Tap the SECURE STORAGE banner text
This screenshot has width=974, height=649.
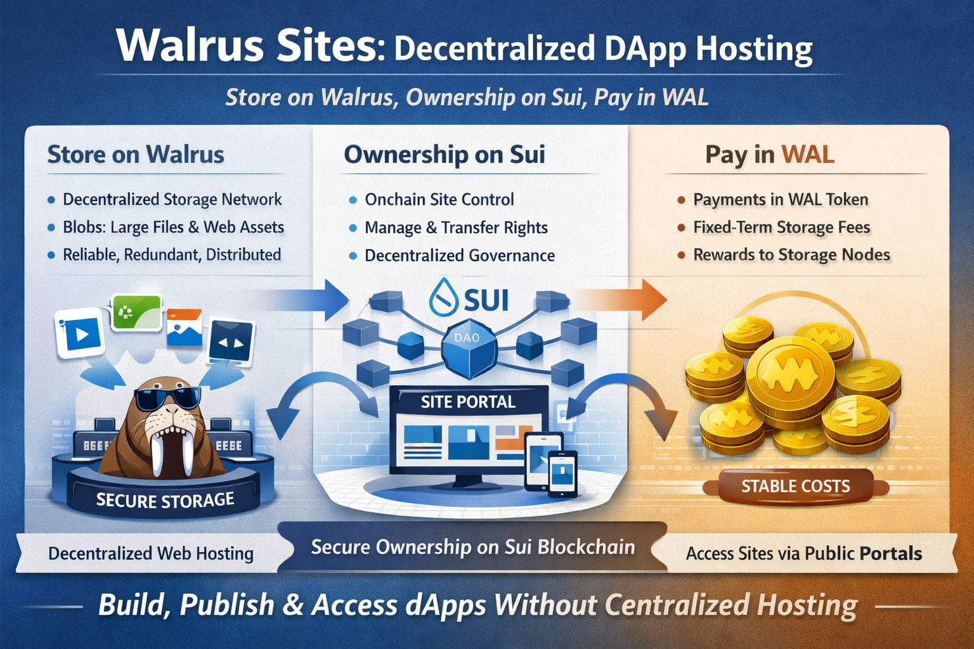click(x=165, y=500)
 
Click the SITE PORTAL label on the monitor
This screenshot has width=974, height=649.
click(x=468, y=402)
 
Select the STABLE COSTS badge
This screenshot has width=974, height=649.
click(x=795, y=487)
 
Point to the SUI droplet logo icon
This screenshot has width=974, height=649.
click(x=442, y=298)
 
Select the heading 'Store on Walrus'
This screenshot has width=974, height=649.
click(x=136, y=155)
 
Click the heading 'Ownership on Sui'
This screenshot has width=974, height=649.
click(x=445, y=155)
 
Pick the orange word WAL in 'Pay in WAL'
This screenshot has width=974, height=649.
click(x=807, y=155)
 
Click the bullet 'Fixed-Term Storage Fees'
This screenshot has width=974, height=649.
click(x=781, y=227)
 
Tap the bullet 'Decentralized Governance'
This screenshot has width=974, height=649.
click(x=459, y=255)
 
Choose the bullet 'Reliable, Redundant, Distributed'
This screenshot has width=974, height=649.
click(x=171, y=255)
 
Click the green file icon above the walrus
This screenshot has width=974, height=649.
click(x=136, y=312)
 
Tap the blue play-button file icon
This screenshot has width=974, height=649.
click(x=80, y=333)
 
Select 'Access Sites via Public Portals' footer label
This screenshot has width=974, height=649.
click(x=803, y=553)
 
